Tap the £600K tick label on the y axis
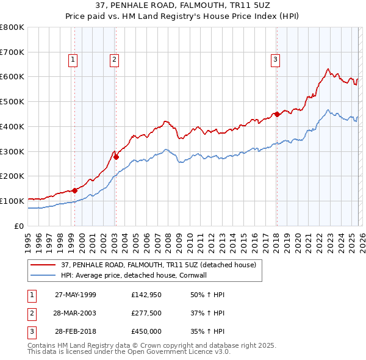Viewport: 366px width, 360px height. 12,77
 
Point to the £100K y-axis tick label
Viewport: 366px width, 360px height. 12,201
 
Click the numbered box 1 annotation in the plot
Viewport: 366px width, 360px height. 73,59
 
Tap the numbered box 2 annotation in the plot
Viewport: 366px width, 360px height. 114,59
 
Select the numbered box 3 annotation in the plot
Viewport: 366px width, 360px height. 275,59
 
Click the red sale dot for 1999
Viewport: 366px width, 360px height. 75,190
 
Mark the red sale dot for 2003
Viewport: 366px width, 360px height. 117,157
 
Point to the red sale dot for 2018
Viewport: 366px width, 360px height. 276,114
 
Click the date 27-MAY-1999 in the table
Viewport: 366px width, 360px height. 76,295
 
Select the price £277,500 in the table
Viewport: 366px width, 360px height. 146,313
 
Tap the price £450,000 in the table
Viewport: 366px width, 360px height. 146,331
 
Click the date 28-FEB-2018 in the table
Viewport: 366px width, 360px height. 76,331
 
